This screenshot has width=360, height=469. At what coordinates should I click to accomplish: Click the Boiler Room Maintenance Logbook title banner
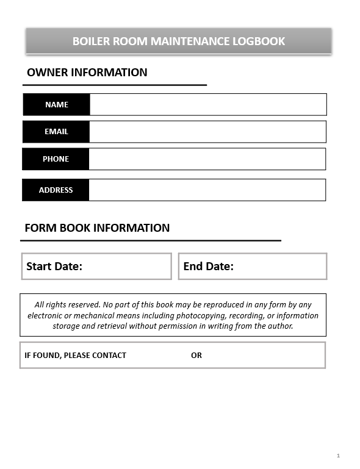pyautogui.click(x=178, y=41)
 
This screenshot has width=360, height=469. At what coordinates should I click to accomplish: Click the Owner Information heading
pyautogui.click(x=87, y=73)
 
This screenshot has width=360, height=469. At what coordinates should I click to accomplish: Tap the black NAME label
pyautogui.click(x=57, y=105)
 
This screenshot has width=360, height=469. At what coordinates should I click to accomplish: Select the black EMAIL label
pyautogui.click(x=56, y=132)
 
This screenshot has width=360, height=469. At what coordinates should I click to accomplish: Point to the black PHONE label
pyautogui.click(x=56, y=159)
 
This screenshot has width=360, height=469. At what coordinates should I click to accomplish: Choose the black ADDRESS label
pyautogui.click(x=56, y=190)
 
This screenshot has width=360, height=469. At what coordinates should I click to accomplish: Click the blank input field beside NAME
pyautogui.click(x=207, y=105)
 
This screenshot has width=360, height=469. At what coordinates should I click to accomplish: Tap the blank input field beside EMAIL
pyautogui.click(x=207, y=132)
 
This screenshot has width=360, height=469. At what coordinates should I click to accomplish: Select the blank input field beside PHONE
pyautogui.click(x=207, y=159)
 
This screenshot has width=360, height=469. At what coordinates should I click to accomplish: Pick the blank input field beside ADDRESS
pyautogui.click(x=207, y=190)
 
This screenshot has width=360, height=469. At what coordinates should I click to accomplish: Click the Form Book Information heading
pyautogui.click(x=97, y=228)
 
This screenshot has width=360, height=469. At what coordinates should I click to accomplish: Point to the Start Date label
pyautogui.click(x=54, y=267)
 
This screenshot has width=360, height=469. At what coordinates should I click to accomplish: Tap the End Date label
pyautogui.click(x=208, y=267)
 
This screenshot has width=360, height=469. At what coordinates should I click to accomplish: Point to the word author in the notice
pyautogui.click(x=281, y=326)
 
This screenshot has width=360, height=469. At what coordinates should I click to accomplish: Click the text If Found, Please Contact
pyautogui.click(x=75, y=356)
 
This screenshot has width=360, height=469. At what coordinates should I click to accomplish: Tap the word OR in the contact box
pyautogui.click(x=196, y=356)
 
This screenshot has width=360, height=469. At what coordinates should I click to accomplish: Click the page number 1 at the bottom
pyautogui.click(x=338, y=456)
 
